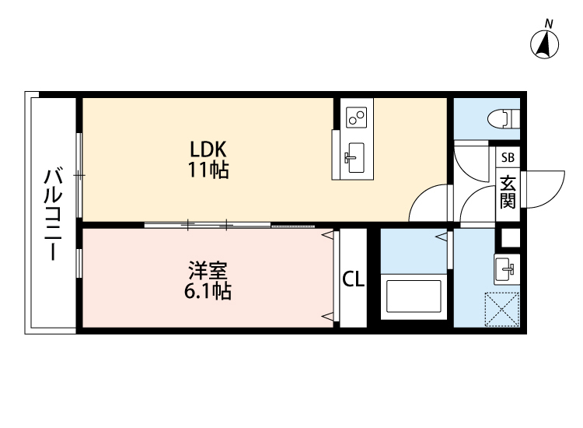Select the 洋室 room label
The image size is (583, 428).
(x=208, y=272)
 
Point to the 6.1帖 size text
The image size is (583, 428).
(x=208, y=293)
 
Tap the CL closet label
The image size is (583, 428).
(x=354, y=279)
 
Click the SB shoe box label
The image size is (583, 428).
(x=508, y=157)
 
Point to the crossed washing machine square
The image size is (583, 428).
(x=502, y=308)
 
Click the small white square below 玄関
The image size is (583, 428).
(x=510, y=237)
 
